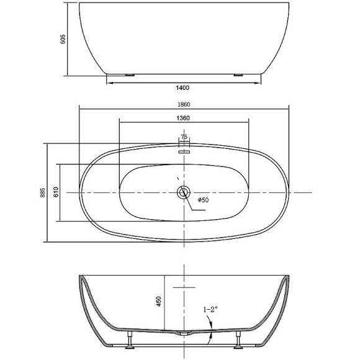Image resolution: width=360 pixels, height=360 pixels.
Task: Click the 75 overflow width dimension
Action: coord(184,137)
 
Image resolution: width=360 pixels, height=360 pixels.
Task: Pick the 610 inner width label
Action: coord(55,192)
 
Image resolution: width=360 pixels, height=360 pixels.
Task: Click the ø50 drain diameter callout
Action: coord(202,200)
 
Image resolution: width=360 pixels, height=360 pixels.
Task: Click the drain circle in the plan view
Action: coord(184,192)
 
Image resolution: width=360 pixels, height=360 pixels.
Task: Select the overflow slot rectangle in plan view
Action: coord(184,150)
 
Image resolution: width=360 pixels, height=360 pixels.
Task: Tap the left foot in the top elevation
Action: coord(129,75)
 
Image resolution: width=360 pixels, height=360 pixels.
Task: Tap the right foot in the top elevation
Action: coord(238,75)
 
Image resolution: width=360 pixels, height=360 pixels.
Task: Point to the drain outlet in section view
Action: coord(184,333)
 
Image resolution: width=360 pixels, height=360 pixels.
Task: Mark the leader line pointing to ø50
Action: coord(191,205)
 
